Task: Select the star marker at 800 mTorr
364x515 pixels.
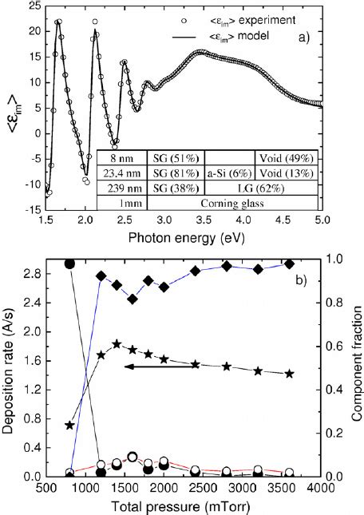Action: point(69,425)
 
